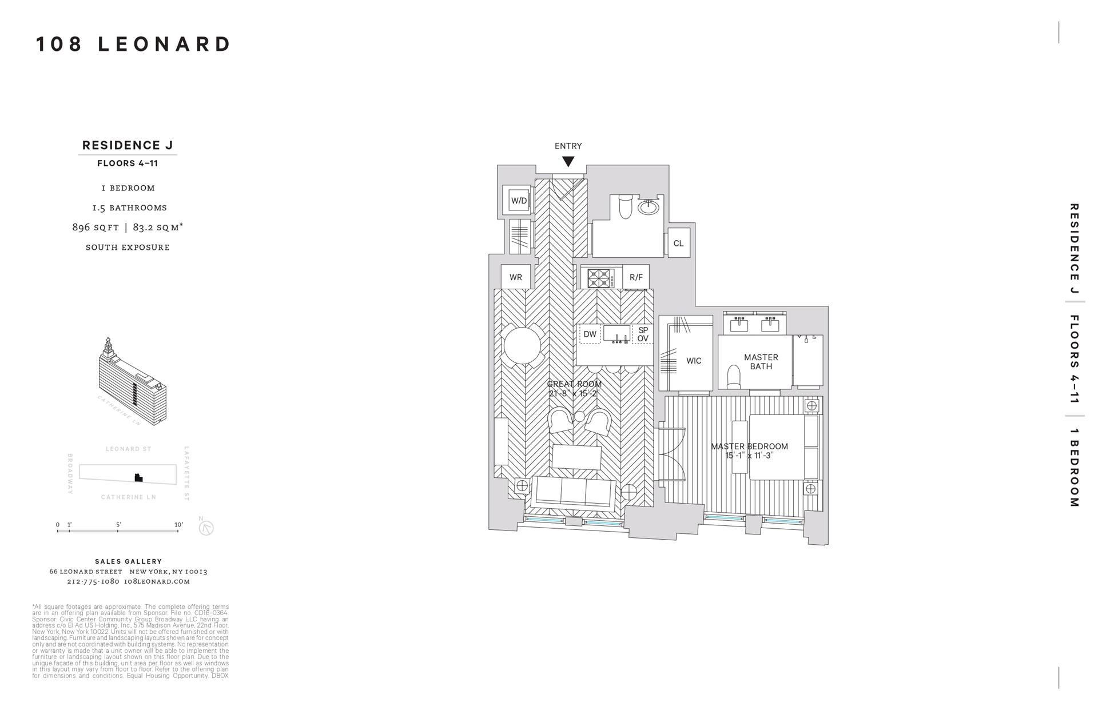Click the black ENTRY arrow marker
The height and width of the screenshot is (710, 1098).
(568, 162)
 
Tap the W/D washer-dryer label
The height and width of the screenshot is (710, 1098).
(519, 201)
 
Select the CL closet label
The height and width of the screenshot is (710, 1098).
(678, 243)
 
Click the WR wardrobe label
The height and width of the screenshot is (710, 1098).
(515, 277)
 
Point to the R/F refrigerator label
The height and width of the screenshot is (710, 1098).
(636, 277)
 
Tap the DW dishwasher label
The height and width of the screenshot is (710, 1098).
(590, 334)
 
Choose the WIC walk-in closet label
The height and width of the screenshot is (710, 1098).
(694, 361)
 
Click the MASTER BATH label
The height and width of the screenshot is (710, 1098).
(761, 362)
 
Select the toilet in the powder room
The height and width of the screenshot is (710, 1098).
(626, 207)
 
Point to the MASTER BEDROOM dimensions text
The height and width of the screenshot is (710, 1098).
(749, 456)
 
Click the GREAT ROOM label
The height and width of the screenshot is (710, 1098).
(574, 384)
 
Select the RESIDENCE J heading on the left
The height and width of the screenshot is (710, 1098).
(128, 145)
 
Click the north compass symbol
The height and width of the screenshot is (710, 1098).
(206, 528)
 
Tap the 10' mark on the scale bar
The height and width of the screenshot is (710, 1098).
(178, 525)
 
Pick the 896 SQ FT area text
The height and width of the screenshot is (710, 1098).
(96, 227)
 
